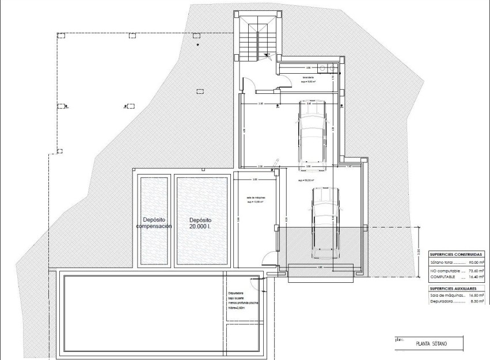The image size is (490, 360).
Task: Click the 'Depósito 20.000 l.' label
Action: pyautogui.click(x=201, y=223)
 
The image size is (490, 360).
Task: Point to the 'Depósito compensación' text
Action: pyautogui.click(x=154, y=223)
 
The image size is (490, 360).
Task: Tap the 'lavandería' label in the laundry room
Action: pyautogui.click(x=309, y=77)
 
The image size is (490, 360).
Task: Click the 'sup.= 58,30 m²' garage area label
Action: pyautogui.click(x=306, y=180)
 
